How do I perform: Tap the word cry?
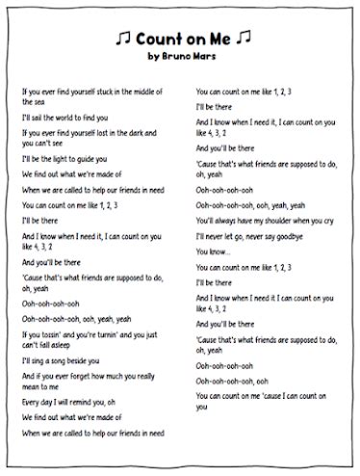click(331, 220)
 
